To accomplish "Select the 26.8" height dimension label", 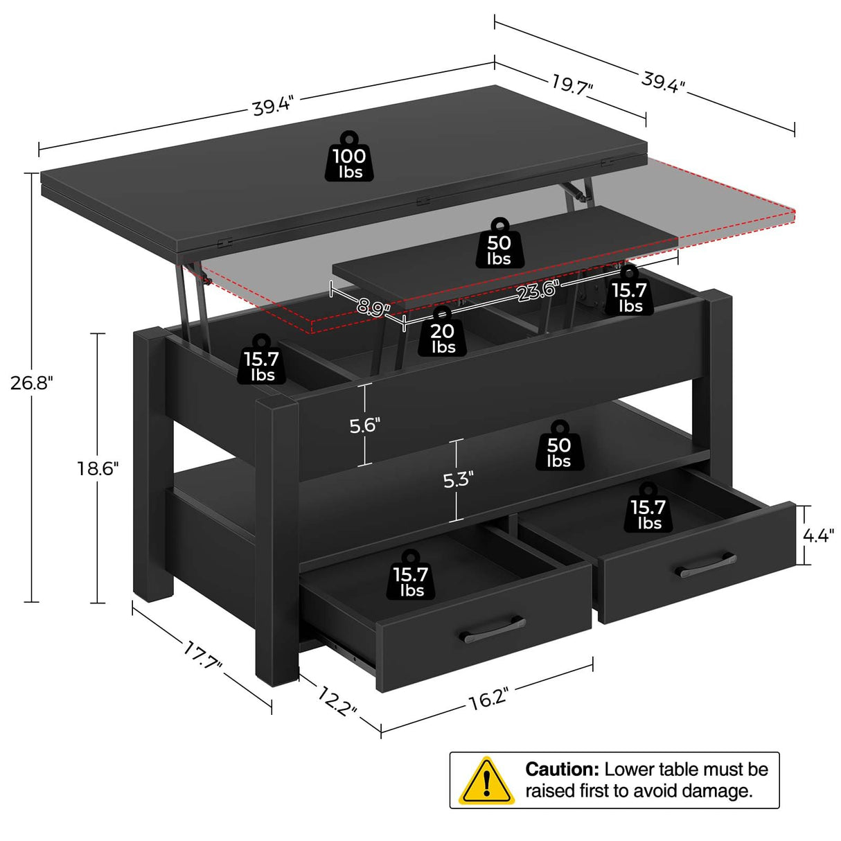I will pos(31,382).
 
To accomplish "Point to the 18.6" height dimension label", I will pos(98,469).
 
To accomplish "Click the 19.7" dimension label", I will pos(572,85).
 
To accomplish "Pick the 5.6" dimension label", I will pos(364,425).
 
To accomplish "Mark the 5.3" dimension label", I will pos(458,479).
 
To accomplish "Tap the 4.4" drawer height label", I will pos(817,535).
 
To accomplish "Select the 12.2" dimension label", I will pos(338,700).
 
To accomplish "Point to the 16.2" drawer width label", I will pos(488,699).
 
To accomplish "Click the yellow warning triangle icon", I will pos(487,781).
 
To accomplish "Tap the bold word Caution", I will pos(562,770).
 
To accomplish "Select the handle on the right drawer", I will pos(706,565).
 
